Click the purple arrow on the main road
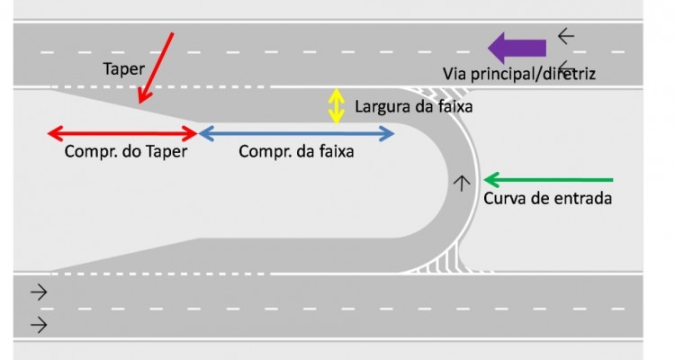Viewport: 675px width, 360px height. [517, 48]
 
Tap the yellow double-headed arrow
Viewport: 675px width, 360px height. [337, 106]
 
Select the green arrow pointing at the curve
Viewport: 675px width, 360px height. [548, 180]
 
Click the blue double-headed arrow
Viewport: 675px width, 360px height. [296, 133]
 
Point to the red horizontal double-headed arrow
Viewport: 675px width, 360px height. [122, 133]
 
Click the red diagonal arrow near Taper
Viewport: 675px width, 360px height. [156, 68]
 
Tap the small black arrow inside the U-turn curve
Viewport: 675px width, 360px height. [462, 183]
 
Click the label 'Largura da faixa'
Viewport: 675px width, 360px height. [414, 106]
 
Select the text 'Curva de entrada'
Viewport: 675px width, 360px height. [547, 199]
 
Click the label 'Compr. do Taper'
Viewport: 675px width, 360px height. [126, 151]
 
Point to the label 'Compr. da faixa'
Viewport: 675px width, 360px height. [296, 151]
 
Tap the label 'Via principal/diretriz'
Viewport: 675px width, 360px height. [519, 74]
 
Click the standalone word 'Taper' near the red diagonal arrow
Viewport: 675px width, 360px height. [123, 69]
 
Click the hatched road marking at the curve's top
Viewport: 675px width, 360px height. [439, 94]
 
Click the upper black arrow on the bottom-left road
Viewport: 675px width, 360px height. [39, 292]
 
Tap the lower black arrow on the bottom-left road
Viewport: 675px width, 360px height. [39, 325]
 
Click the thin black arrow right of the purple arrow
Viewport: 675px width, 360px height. [566, 36]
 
